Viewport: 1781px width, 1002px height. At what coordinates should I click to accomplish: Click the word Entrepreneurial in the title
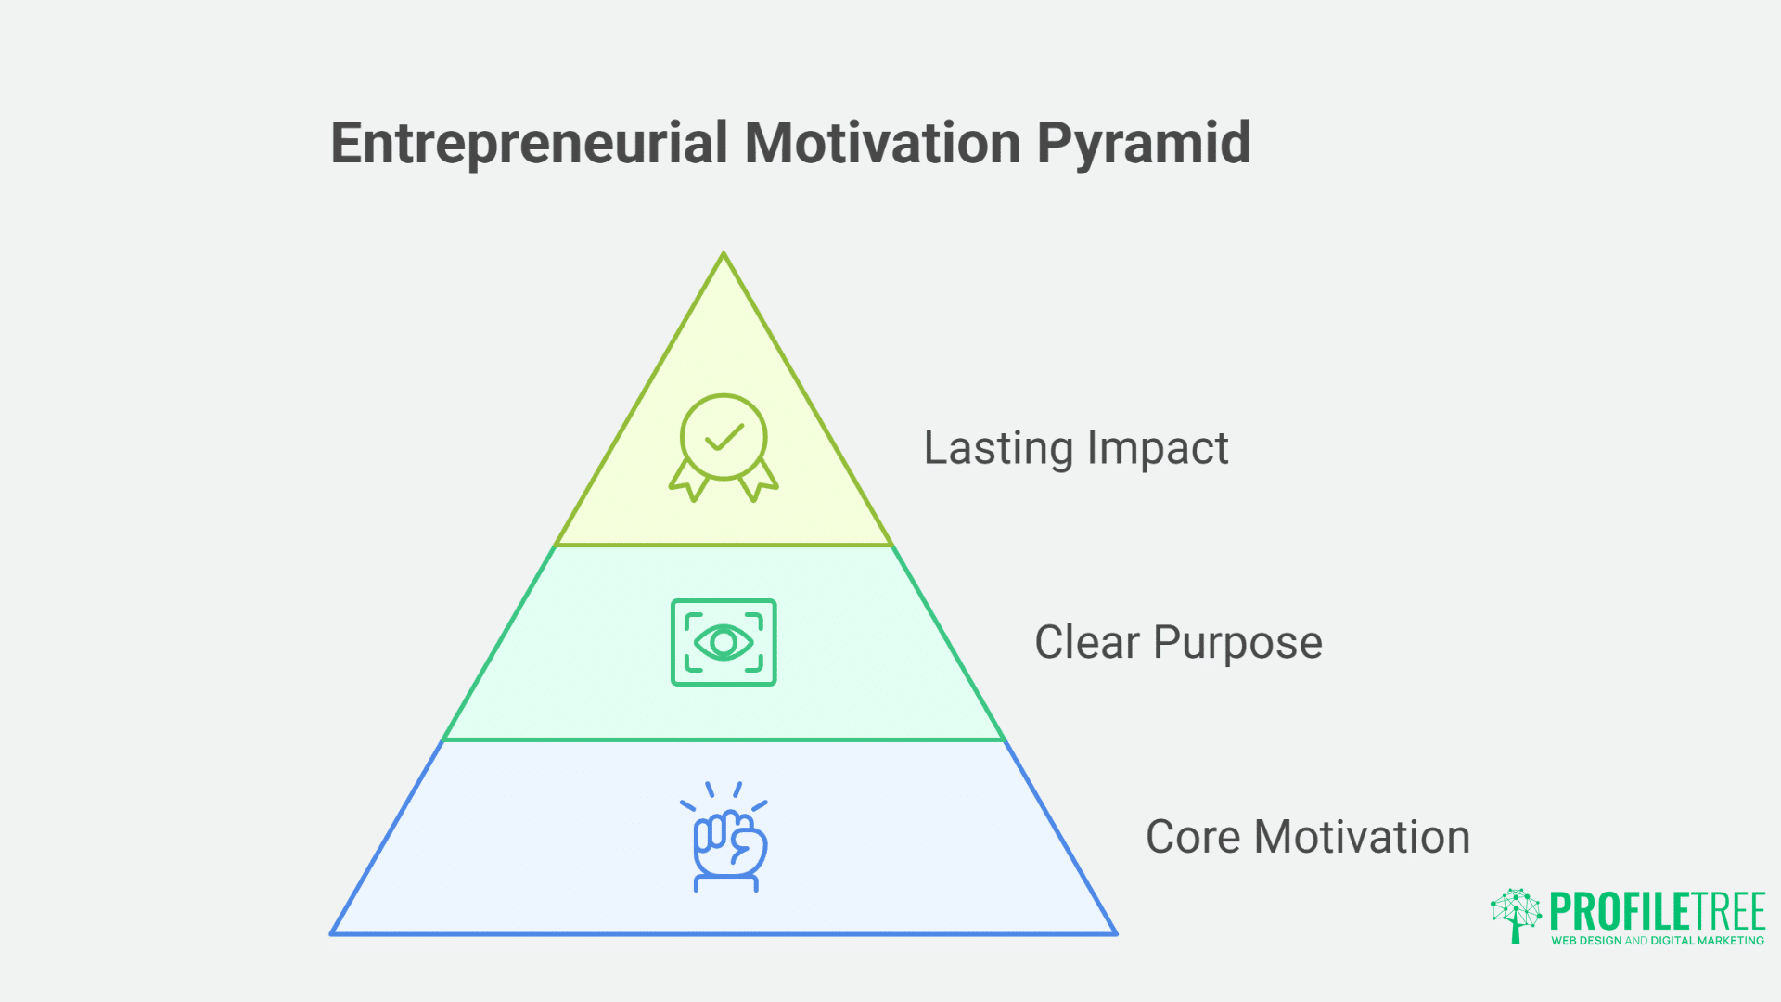(530, 144)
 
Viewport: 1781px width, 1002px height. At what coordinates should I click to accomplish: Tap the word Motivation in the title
(882, 144)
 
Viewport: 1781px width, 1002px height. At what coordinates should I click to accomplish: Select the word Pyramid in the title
(1144, 146)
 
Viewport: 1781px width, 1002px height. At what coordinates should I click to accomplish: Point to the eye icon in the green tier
(724, 642)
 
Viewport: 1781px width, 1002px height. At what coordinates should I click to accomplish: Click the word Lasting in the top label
(998, 449)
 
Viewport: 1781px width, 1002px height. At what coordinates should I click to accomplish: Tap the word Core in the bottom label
(1193, 838)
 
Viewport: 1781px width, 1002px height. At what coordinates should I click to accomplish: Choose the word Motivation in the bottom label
(1362, 838)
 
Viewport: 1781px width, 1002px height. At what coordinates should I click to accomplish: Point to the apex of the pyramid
(724, 254)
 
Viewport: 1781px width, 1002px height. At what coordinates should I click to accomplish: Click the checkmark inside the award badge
(724, 437)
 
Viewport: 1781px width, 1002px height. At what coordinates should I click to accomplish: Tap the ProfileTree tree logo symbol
(1516, 915)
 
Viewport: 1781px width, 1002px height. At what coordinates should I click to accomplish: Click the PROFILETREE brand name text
(1658, 911)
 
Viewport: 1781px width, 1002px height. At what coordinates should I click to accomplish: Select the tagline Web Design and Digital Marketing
(1658, 941)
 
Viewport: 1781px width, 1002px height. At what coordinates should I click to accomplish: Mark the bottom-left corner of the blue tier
(332, 933)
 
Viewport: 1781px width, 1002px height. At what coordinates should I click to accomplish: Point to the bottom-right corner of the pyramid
(1116, 933)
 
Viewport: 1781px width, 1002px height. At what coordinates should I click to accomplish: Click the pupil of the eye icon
(724, 642)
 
